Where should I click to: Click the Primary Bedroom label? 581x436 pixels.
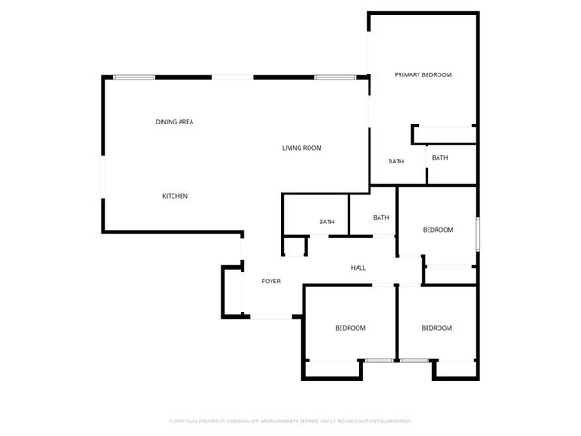tap(423, 74)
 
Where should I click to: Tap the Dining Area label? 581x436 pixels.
tap(174, 122)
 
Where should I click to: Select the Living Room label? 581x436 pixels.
tap(301, 148)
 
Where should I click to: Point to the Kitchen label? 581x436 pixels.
tap(175, 196)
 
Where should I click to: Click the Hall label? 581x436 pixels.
tap(359, 268)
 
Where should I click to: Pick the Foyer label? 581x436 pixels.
tap(271, 282)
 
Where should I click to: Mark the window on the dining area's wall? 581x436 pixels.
tap(134, 77)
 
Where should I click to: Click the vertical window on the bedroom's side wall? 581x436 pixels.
tap(478, 233)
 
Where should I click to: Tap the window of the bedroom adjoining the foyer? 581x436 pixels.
tap(379, 361)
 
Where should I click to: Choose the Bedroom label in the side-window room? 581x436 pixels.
tap(438, 230)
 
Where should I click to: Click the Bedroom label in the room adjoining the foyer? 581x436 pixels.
tap(350, 328)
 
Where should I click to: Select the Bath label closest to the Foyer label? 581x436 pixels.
tap(327, 223)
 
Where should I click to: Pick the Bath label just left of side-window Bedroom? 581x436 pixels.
tap(380, 217)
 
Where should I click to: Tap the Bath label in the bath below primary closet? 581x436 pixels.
tap(439, 158)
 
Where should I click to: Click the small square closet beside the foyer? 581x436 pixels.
tap(295, 247)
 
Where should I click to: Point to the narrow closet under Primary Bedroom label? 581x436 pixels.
tap(445, 134)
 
